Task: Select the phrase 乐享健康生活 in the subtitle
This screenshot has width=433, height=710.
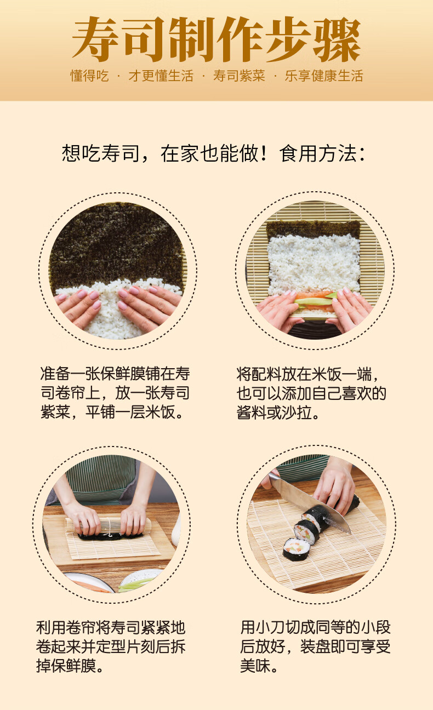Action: (323, 76)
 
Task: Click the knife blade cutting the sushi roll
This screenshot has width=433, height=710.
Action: (318, 501)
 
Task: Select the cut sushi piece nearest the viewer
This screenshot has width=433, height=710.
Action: (297, 549)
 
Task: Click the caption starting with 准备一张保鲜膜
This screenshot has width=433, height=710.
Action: (115, 393)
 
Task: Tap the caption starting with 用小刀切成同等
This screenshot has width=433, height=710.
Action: (315, 647)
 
